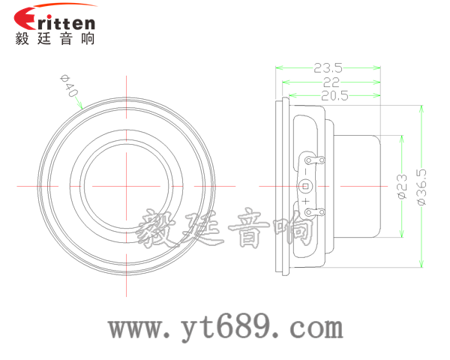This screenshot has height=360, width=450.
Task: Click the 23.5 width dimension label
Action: coord(328,66)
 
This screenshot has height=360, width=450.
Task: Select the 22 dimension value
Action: coord(331,81)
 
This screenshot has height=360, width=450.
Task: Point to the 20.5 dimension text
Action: coord(335,95)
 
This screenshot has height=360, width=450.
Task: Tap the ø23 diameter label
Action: coord(401,187)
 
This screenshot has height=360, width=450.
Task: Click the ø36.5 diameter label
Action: coord(421,187)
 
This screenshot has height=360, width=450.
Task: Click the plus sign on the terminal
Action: coord(307,201)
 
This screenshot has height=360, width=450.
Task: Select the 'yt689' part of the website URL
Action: coord(224,328)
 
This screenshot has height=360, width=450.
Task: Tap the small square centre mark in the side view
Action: coord(305,186)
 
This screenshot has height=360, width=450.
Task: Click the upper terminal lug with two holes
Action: coord(314,159)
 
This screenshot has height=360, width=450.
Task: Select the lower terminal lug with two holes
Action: coord(314,211)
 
